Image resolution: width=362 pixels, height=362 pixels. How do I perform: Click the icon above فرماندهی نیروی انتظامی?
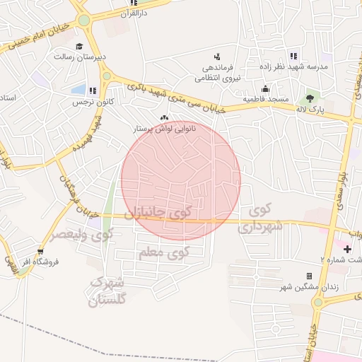click(x=217, y=57)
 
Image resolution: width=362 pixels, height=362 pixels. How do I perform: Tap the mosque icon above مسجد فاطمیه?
click(x=265, y=88)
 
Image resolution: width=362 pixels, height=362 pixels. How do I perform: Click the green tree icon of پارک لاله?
click(x=309, y=99)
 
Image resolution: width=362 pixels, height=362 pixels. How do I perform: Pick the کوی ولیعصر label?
click(x=85, y=234)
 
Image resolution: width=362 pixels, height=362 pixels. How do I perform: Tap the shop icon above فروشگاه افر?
click(x=40, y=251)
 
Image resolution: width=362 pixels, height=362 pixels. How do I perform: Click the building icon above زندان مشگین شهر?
click(x=309, y=276)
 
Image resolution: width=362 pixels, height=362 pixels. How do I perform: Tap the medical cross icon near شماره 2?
click(x=346, y=248)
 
